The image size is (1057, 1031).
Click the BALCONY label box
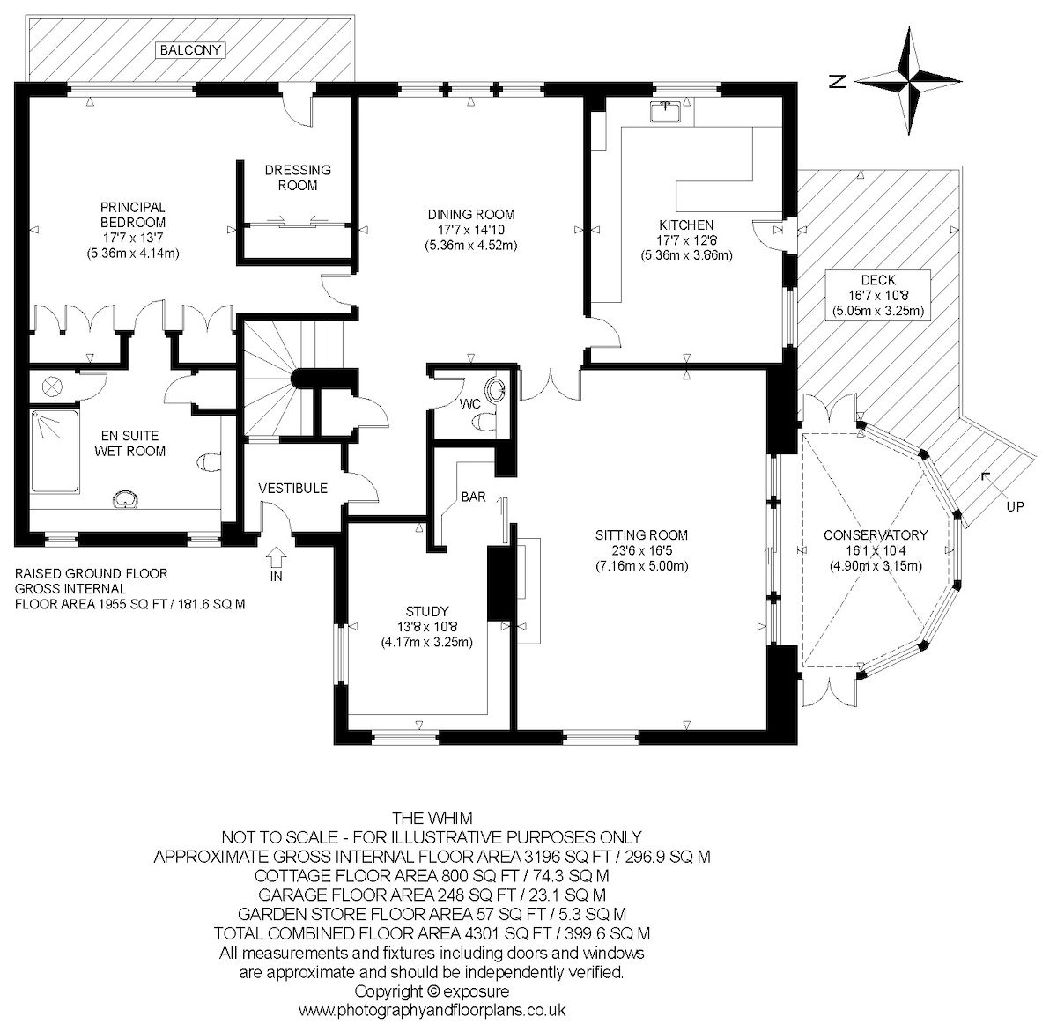pos(190,50)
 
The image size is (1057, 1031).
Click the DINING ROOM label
pos(470,215)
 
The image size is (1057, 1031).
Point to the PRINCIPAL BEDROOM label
pos(132,216)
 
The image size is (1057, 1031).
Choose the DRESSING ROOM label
pos(298,178)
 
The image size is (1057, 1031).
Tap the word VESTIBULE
pos(292,488)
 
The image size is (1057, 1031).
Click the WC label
pos(470,403)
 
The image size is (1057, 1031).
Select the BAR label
pos(474,497)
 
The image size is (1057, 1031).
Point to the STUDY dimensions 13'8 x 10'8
pos(427,627)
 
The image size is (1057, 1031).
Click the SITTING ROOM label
pos(640,534)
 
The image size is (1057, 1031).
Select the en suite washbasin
pos(126,500)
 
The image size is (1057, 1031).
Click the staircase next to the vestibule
pos(273,379)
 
